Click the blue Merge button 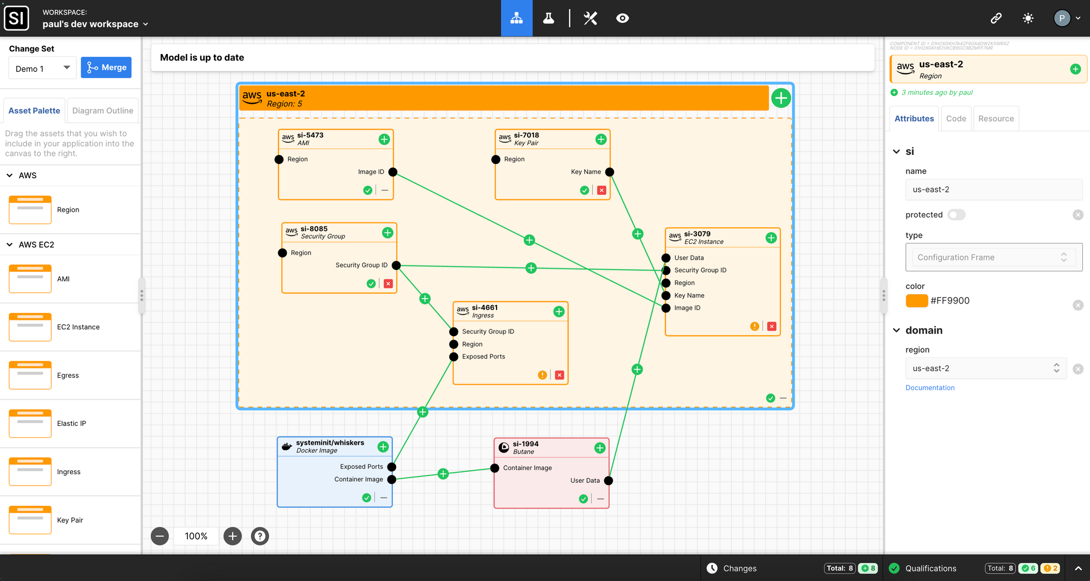tap(106, 68)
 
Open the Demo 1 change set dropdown tap(43, 68)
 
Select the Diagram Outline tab tap(102, 111)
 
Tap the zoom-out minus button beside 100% tap(160, 536)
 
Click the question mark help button tap(260, 536)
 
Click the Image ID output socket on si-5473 tap(392, 172)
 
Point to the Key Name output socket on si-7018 tap(609, 172)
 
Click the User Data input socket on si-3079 tap(666, 258)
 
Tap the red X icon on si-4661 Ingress tap(559, 375)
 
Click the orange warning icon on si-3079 tap(754, 326)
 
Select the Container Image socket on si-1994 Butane tap(495, 468)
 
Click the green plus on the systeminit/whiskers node tap(383, 447)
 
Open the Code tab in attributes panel tap(956, 119)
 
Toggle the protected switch tap(956, 215)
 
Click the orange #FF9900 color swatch tap(917, 301)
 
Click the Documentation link tap(930, 388)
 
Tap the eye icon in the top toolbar tap(622, 19)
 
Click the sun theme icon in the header tap(1028, 19)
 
